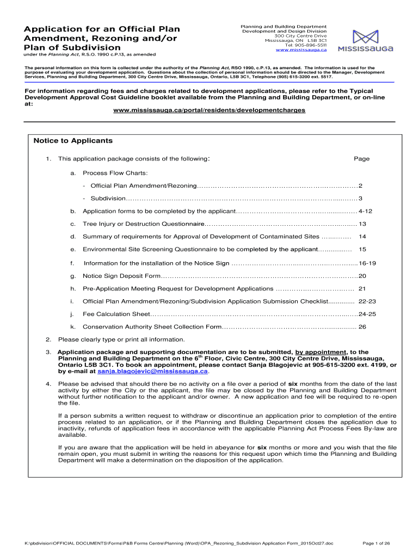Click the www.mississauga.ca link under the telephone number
coord(301,50)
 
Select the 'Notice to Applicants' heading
coord(73,141)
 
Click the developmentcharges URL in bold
coord(209,110)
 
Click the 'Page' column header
coord(361,159)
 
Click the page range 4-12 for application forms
coord(365,211)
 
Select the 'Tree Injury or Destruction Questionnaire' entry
coord(143,224)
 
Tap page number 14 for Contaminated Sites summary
coord(362,237)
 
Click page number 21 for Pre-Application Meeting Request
coord(362,288)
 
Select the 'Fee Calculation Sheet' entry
coord(116,314)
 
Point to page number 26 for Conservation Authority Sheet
coord(362,327)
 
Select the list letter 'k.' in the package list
coord(72,327)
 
